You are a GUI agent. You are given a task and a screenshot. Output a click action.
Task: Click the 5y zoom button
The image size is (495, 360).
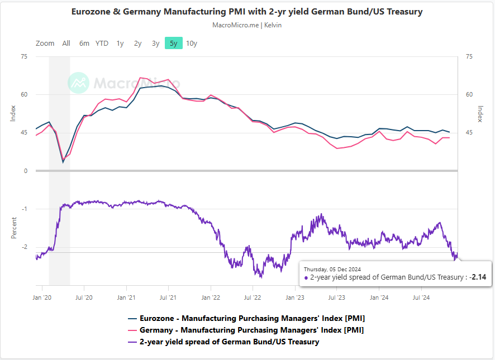[174, 44]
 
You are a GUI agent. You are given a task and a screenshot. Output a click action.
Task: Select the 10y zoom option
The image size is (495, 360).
[192, 44]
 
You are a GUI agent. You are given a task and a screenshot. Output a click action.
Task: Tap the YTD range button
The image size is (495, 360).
[102, 44]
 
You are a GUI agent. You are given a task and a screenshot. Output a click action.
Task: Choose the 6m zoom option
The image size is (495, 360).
[84, 44]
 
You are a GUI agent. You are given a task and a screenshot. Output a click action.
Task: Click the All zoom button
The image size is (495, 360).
[66, 44]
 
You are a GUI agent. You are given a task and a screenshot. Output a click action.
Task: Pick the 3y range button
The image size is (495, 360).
[155, 44]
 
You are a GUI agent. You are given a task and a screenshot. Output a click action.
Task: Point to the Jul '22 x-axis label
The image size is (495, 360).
[253, 298]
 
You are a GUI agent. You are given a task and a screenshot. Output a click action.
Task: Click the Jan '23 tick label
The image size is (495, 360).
[295, 298]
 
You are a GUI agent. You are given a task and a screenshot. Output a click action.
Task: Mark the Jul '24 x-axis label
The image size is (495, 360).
[421, 298]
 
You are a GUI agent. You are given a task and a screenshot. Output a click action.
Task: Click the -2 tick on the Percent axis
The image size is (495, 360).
[24, 247]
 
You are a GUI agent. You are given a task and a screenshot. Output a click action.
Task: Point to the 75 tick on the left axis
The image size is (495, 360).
[24, 56]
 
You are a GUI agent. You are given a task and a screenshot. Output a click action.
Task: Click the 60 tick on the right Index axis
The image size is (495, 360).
[469, 95]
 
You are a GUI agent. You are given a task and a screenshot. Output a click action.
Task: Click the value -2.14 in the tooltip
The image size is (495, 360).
[478, 277]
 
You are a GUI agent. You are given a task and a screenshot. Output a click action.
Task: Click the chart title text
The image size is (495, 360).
[247, 12]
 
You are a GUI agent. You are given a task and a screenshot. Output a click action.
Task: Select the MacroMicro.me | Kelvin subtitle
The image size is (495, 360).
[247, 25]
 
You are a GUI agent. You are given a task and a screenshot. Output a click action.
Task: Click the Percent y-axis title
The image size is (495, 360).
[14, 227]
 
